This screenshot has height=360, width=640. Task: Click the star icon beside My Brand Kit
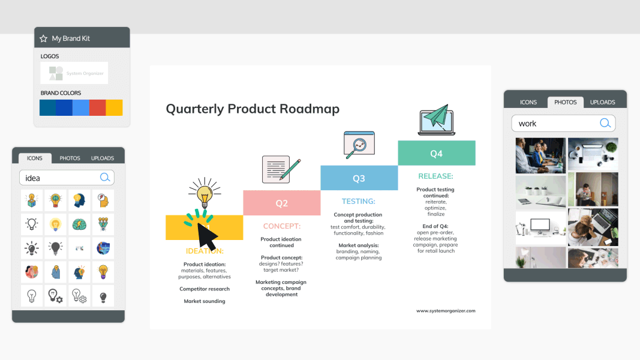[x=43, y=38]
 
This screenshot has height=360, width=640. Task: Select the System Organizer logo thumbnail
[x=74, y=73]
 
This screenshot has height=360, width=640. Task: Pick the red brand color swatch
[x=97, y=107]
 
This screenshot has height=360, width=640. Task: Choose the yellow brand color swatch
[x=114, y=107]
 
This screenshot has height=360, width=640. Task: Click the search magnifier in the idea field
[x=105, y=178]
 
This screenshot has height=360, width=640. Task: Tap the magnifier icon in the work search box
[x=605, y=123]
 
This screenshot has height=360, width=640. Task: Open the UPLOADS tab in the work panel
[x=602, y=102]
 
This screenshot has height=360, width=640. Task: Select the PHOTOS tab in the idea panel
[x=70, y=158]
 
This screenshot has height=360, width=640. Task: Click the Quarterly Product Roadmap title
[x=253, y=109]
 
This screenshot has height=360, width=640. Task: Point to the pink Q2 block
[x=281, y=203]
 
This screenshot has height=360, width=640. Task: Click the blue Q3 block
[x=359, y=178]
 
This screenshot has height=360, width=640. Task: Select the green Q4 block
[x=436, y=154]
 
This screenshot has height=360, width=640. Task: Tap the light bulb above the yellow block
[x=205, y=193]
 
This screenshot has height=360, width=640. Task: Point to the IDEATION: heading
[x=205, y=251]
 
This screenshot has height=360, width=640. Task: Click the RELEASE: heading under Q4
[x=435, y=176]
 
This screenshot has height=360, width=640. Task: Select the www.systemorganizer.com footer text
[x=445, y=311]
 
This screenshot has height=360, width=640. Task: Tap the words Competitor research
[x=205, y=289]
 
